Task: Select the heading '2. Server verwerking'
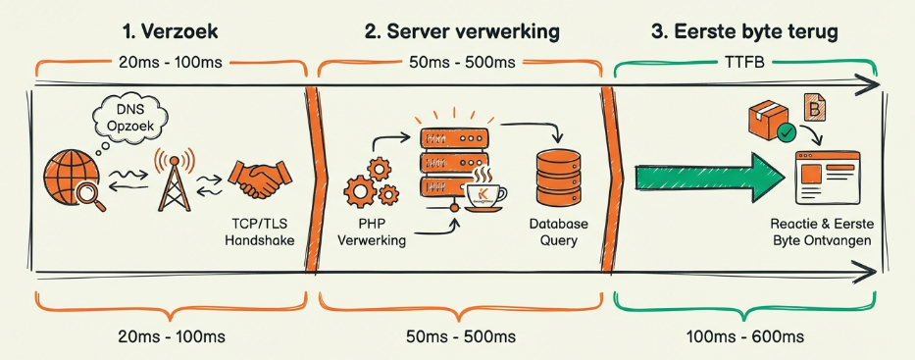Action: click(x=462, y=31)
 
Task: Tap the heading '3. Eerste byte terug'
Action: click(x=744, y=31)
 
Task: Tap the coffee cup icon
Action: click(x=485, y=192)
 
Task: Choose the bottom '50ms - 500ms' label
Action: click(x=462, y=336)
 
